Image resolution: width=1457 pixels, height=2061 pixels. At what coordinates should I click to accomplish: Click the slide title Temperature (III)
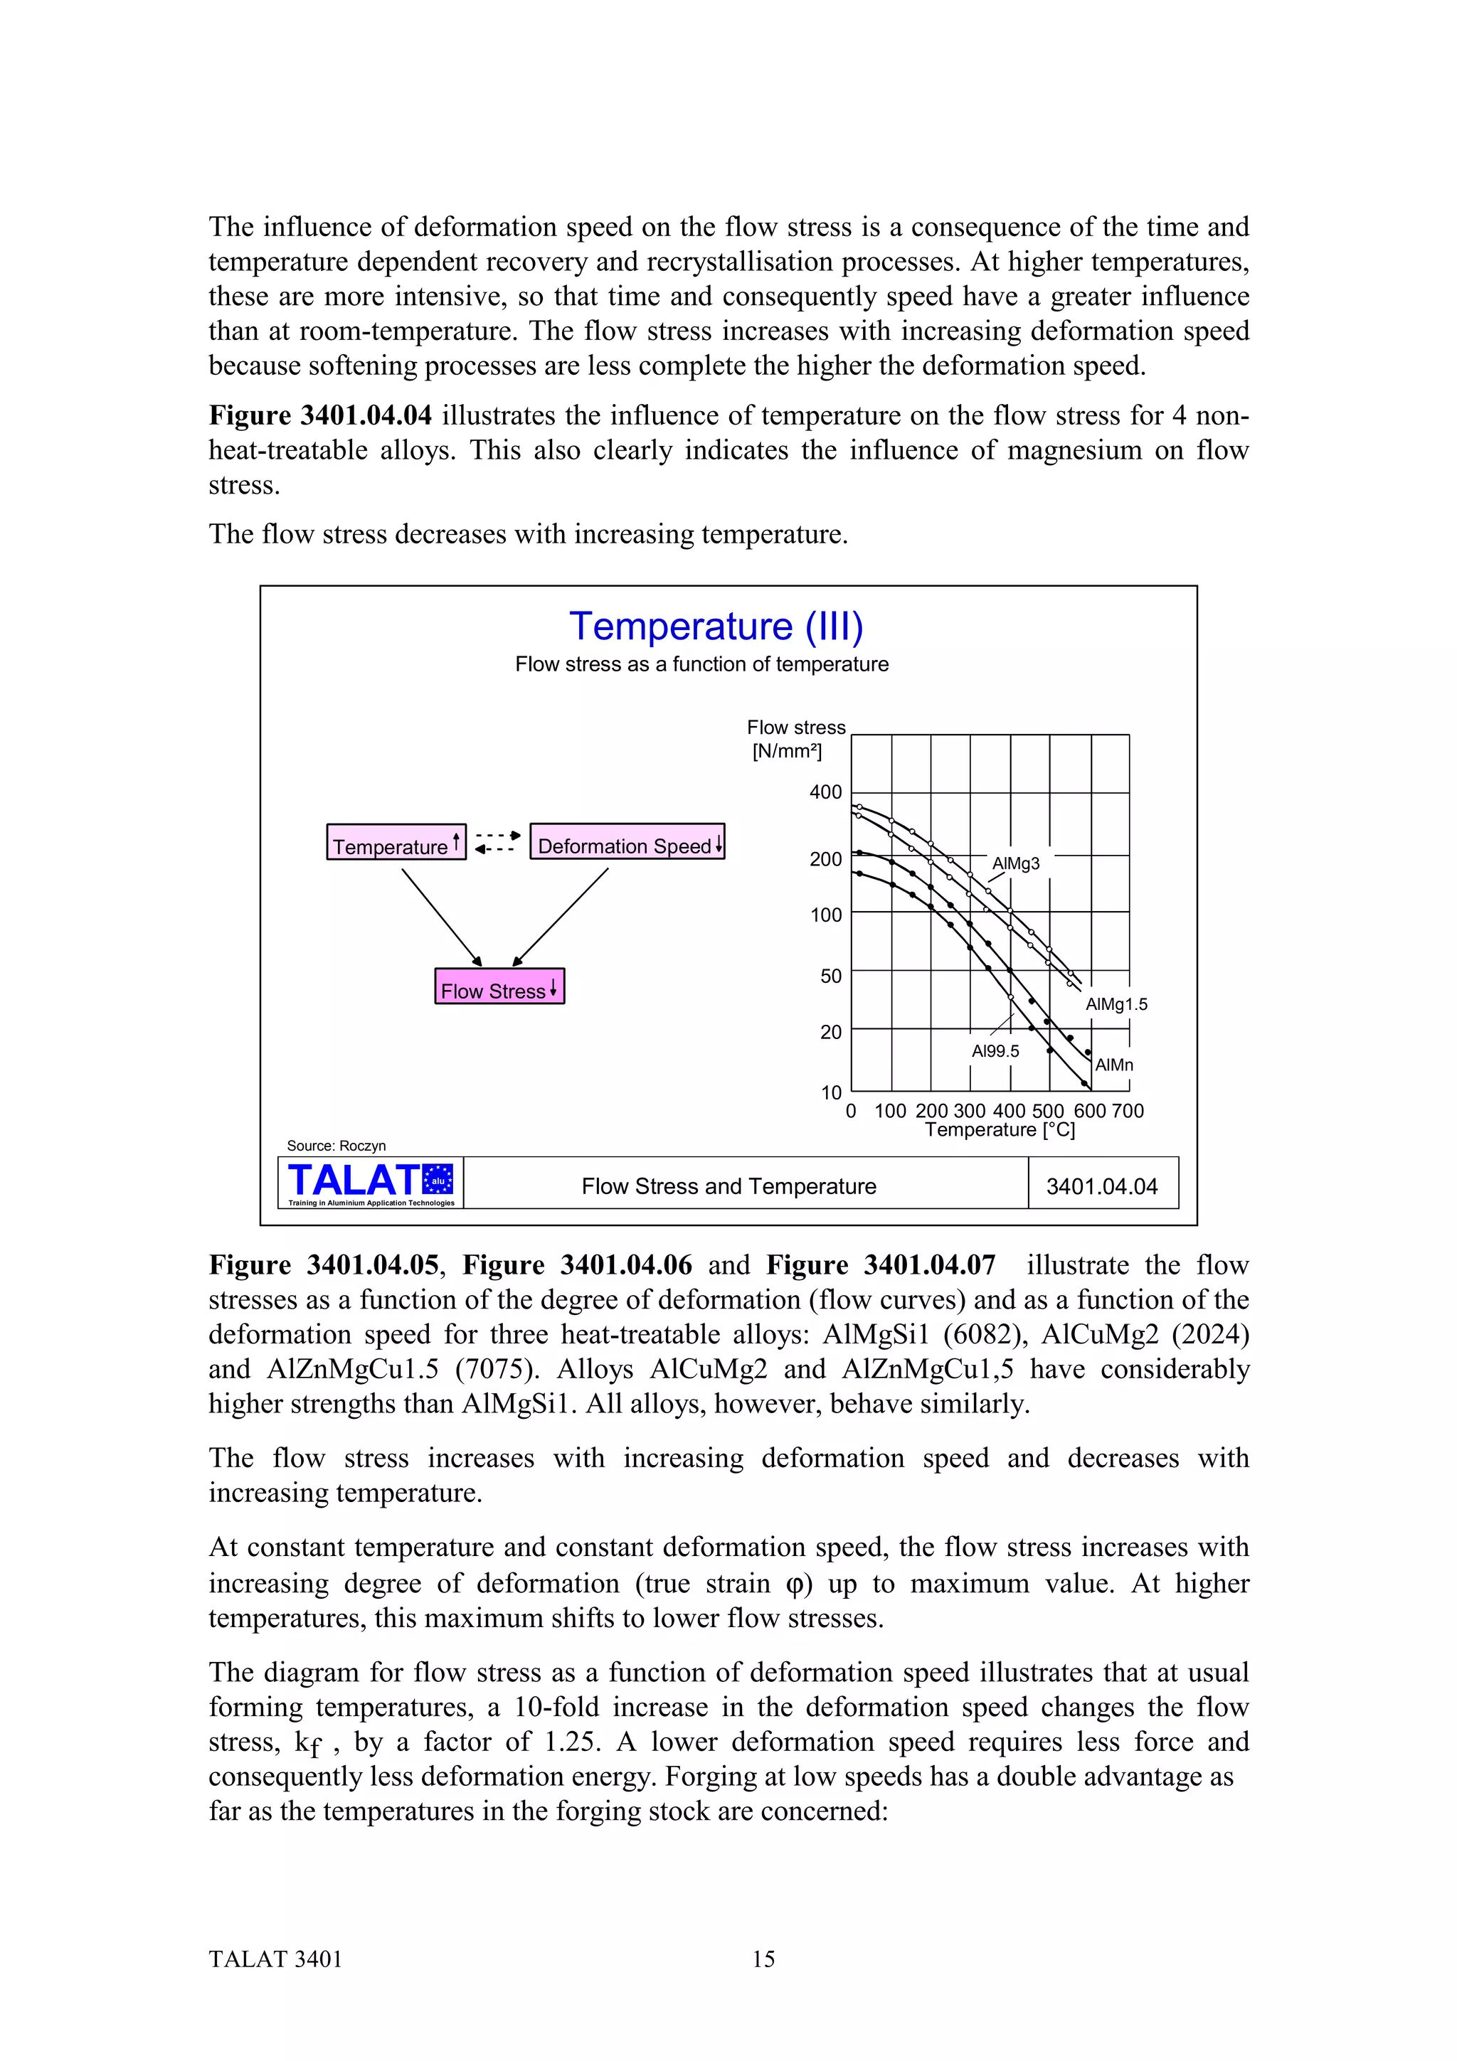(716, 627)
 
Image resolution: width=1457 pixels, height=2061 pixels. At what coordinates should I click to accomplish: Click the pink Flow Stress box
(499, 987)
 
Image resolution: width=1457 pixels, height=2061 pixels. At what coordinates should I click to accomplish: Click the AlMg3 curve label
(1015, 863)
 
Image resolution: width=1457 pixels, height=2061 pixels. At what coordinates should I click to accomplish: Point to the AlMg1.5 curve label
(1116, 1004)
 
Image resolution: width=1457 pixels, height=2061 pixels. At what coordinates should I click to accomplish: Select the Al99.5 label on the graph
(995, 1051)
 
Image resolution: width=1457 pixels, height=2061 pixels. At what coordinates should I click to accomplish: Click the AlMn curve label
(1114, 1065)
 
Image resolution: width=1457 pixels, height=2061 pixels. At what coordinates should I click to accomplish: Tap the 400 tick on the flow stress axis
(825, 792)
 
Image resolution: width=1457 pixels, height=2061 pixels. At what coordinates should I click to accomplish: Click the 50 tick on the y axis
(830, 976)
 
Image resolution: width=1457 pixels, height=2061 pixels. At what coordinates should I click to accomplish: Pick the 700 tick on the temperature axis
(1128, 1112)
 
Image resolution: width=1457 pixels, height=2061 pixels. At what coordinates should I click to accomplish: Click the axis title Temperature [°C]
(999, 1130)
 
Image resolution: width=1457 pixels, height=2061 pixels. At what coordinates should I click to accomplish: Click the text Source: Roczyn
(336, 1146)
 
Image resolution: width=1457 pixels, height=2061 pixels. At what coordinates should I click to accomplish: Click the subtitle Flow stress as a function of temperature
(701, 664)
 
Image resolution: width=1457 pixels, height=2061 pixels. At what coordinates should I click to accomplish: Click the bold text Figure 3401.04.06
(576, 1266)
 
